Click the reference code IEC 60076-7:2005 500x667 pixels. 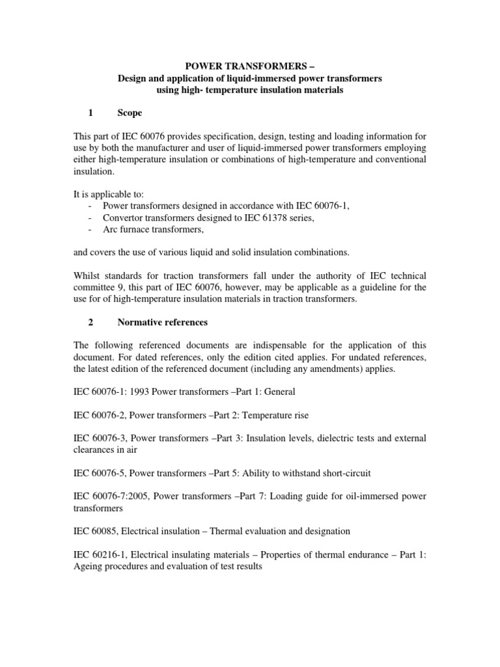115,497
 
